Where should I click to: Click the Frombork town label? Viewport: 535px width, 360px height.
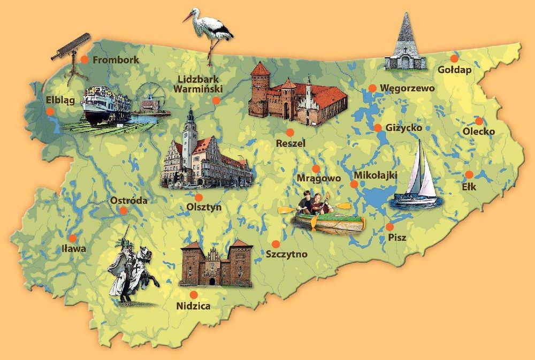pyautogui.click(x=116, y=60)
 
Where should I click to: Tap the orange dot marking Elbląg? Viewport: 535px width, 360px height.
pyautogui.click(x=50, y=112)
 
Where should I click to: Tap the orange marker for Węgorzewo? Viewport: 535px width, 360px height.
pyautogui.click(x=372, y=88)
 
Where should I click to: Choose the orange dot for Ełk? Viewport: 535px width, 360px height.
pyautogui.click(x=469, y=174)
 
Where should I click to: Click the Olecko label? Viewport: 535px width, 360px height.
pyautogui.click(x=479, y=132)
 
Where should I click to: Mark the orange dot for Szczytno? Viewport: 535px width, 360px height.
pyautogui.click(x=276, y=243)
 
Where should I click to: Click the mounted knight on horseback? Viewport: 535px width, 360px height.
pyautogui.click(x=132, y=270)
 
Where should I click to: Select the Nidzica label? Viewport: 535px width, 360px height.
pyautogui.click(x=193, y=307)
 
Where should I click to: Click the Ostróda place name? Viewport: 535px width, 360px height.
pyautogui.click(x=128, y=201)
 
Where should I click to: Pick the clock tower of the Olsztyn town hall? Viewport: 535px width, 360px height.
pyautogui.click(x=190, y=136)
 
